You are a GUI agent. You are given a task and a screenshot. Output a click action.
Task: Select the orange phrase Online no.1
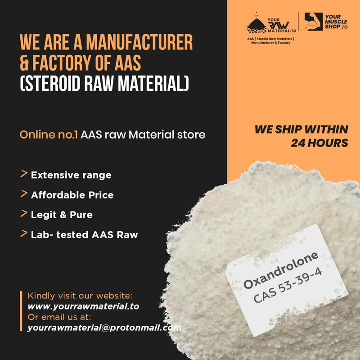(x=49, y=135)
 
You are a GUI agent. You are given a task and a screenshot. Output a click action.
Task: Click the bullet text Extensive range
(x=71, y=175)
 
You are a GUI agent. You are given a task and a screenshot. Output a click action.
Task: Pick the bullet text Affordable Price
(x=72, y=195)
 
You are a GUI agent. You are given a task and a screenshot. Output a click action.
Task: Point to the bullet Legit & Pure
(x=62, y=215)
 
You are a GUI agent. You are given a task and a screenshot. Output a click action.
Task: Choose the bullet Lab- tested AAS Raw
(x=84, y=234)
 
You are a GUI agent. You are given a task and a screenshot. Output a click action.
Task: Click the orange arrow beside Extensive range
(x=23, y=174)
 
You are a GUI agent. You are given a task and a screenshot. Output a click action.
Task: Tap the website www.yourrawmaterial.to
(x=83, y=306)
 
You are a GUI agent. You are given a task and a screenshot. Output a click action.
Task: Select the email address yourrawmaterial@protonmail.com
(x=104, y=328)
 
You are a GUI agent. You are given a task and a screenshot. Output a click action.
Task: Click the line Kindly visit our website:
(x=81, y=296)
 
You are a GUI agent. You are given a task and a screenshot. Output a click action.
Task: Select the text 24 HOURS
(x=319, y=143)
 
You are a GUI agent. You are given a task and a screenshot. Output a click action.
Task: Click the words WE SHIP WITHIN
(x=301, y=130)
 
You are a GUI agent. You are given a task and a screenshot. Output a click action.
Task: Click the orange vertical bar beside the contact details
(x=21, y=311)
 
